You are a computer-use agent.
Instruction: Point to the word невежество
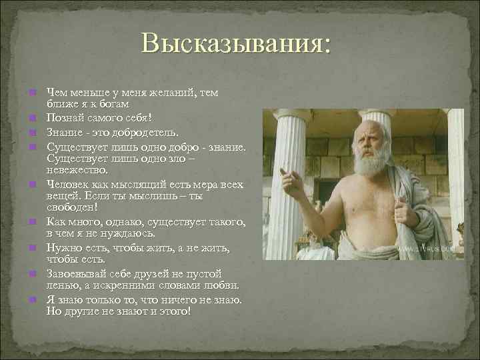[77, 170]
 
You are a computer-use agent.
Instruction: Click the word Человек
[68, 183]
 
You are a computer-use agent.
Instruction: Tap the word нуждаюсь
[128, 234]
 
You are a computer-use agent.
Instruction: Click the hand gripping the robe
[403, 213]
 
